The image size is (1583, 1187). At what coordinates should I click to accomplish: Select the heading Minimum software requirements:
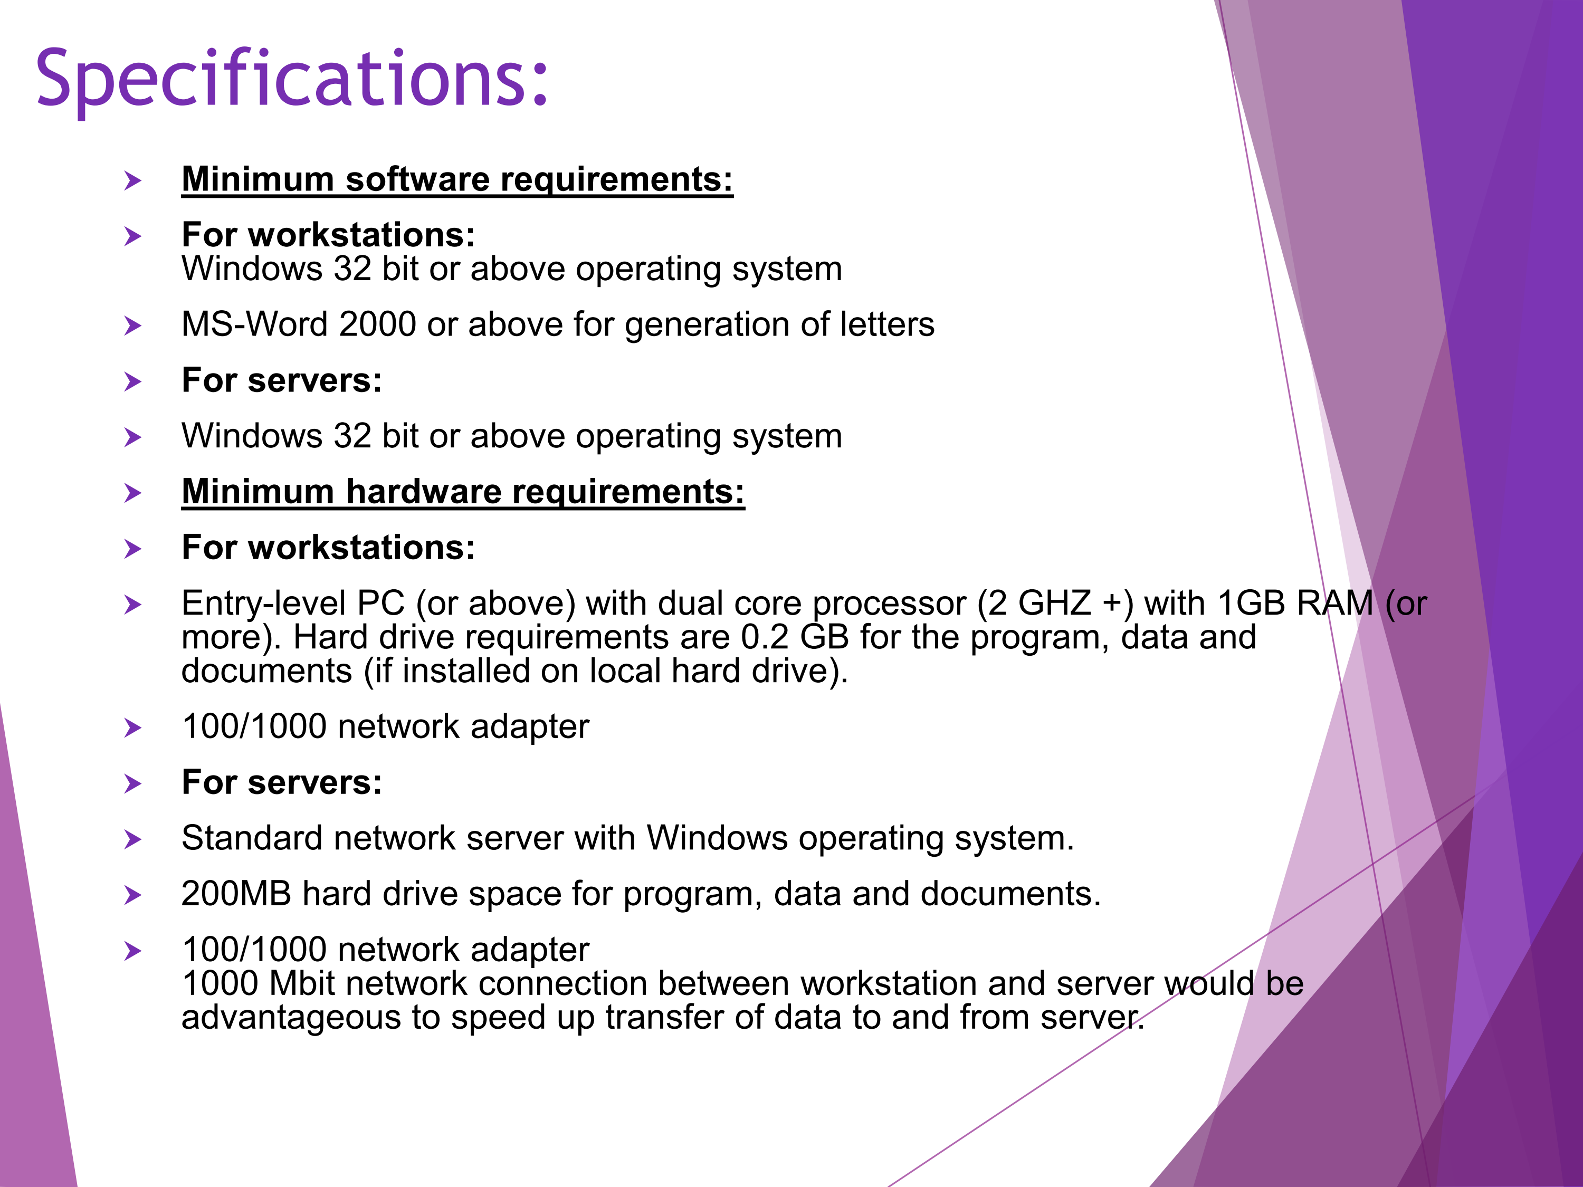click(x=458, y=179)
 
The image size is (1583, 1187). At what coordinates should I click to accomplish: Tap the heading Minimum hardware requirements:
click(x=463, y=492)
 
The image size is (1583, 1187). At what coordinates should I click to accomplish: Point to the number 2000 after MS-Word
click(x=377, y=325)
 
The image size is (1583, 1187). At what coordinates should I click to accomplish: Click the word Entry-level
click(x=264, y=603)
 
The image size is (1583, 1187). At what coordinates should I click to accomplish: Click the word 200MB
click(x=237, y=894)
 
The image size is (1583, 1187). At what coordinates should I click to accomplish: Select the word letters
click(x=888, y=325)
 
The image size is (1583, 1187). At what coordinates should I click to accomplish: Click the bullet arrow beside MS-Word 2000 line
click(x=132, y=326)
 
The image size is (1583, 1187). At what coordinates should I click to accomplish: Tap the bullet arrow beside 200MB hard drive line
click(x=132, y=895)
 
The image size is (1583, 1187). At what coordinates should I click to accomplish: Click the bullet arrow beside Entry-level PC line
click(x=132, y=605)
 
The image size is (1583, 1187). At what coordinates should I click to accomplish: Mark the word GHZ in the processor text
click(x=1054, y=603)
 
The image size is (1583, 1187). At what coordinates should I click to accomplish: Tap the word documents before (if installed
click(x=267, y=671)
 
